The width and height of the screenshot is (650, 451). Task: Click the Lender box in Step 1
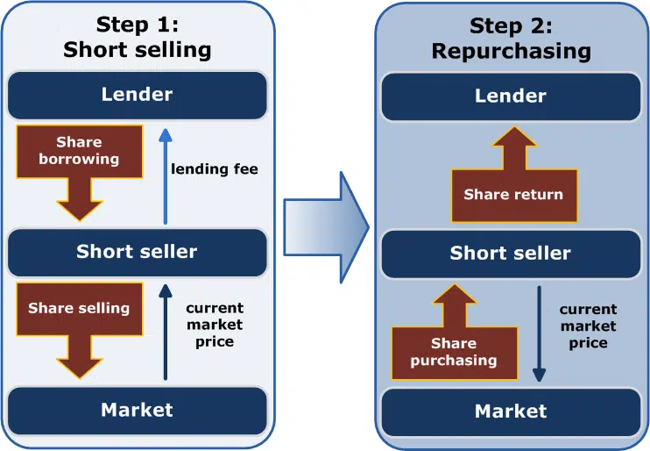coord(138,93)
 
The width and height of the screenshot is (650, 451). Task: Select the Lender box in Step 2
coord(510,95)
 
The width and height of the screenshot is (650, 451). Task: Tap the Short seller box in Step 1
coord(138,252)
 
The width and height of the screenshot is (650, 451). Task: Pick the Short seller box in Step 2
coord(510,254)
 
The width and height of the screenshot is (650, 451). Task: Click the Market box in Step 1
coord(138,410)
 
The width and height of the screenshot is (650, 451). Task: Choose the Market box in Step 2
coord(510,412)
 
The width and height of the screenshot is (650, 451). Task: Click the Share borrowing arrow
coord(79,167)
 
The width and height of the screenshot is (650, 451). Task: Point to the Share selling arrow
coord(79,325)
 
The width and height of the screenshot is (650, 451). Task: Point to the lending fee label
coord(215,168)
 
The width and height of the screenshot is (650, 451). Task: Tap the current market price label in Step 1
coord(215,325)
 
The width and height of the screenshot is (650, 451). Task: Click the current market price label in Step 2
coord(588,326)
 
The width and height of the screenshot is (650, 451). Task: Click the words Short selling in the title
coord(138,49)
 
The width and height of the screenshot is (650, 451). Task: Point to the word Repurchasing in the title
coord(512,51)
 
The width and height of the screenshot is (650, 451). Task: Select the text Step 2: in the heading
coord(512,25)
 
